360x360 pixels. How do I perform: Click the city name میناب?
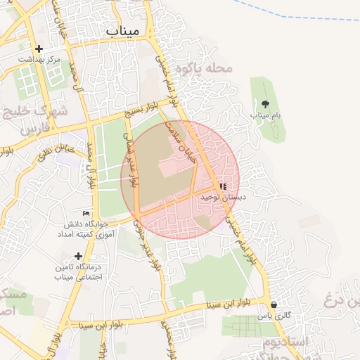[124, 31]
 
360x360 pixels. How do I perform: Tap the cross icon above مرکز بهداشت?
[39, 49]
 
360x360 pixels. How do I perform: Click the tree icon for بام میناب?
[264, 103]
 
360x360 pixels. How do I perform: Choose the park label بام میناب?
[264, 114]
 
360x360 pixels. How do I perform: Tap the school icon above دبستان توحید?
[223, 187]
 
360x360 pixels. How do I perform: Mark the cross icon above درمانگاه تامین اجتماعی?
[78, 256]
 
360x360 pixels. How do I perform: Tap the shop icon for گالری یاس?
[274, 305]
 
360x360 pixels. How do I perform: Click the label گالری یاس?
[274, 316]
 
